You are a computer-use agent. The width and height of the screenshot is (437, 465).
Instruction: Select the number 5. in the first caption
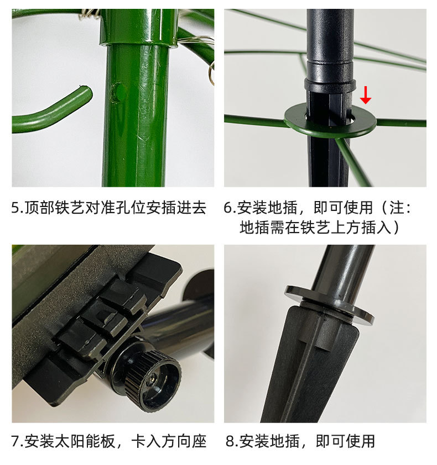pos(18,208)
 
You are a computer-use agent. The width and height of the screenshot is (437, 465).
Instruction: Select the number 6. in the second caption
pos(230,208)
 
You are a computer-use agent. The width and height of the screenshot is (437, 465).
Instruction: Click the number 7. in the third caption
pos(18,441)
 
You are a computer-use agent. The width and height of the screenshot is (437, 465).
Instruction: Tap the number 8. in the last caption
pos(231,441)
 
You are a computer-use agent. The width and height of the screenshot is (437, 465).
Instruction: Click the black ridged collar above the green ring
pos(330,86)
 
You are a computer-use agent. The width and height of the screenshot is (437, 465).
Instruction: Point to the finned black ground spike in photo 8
pos(310,370)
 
